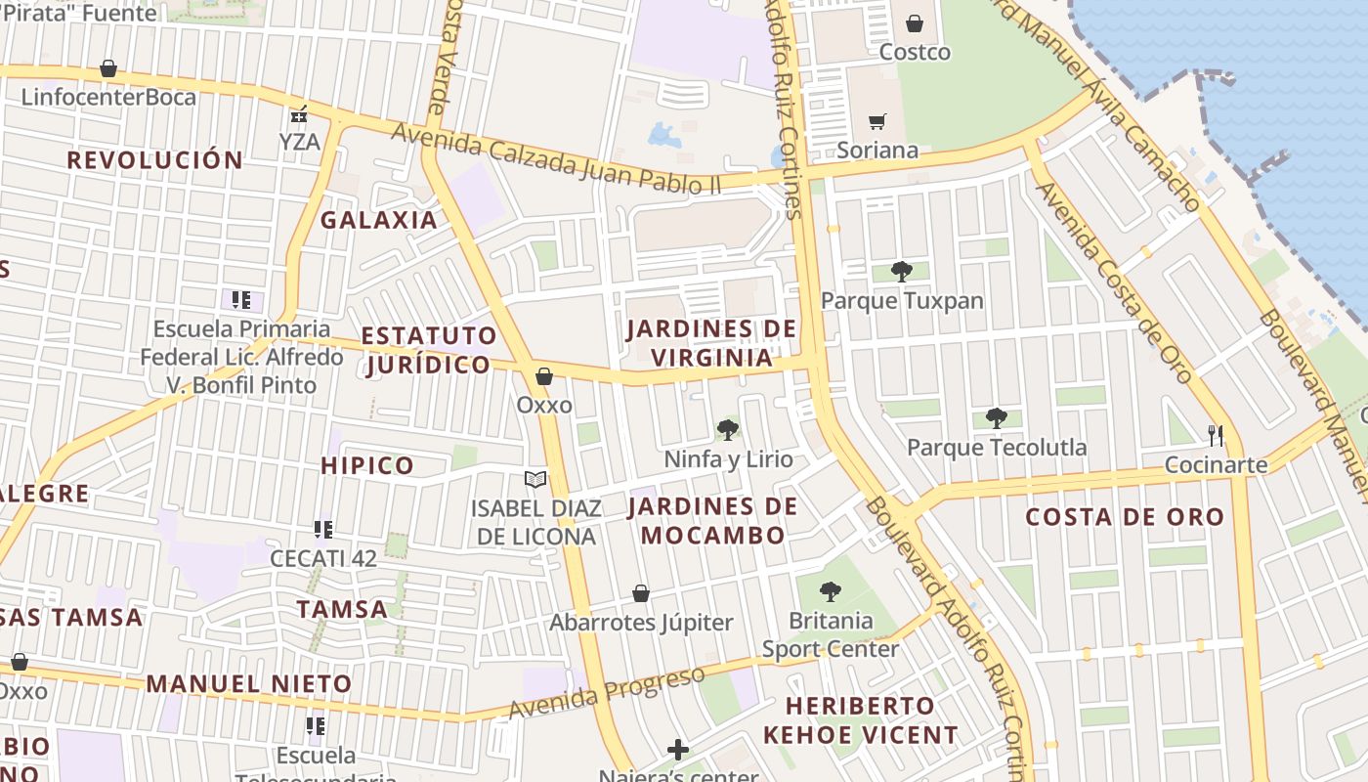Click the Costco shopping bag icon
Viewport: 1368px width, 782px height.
915,23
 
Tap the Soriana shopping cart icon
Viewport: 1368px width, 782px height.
876,122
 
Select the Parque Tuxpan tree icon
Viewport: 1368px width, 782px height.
901,271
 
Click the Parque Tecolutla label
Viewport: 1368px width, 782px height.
996,448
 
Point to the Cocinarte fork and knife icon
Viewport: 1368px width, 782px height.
1216,435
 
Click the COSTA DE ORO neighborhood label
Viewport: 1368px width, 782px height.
1124,517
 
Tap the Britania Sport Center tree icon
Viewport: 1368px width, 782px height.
831,591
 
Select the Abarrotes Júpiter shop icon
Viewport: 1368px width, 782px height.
641,593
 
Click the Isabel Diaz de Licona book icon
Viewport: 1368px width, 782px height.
534,479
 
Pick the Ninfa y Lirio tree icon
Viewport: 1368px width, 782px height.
727,429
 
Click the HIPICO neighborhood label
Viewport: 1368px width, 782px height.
367,465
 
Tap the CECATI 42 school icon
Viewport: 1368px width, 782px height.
323,530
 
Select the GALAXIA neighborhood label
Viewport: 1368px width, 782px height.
379,220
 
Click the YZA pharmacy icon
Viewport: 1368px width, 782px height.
300,114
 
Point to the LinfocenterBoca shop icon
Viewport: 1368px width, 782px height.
108,68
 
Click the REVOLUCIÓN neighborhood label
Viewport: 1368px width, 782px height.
154,160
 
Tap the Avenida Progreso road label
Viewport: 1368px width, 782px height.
607,692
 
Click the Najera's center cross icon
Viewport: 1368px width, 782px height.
678,750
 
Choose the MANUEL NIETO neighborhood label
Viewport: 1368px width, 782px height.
249,683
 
